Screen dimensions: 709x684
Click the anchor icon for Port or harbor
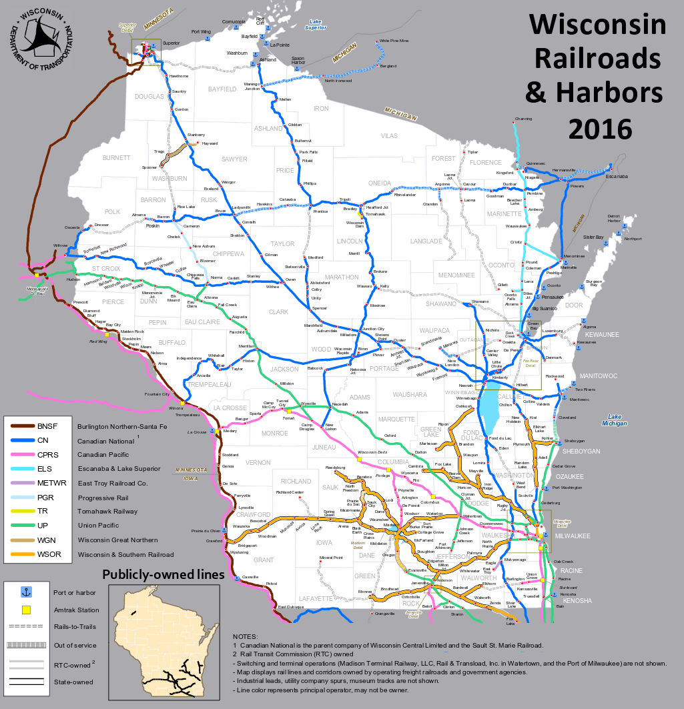click(27, 592)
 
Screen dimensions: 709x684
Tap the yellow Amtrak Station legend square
click(27, 610)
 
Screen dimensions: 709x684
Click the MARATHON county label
click(341, 277)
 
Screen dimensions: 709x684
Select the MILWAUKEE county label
click(572, 536)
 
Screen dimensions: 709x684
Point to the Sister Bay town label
click(594, 237)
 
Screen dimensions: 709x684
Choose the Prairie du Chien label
click(206, 531)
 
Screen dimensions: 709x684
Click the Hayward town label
click(210, 143)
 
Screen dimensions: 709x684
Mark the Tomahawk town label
click(376, 214)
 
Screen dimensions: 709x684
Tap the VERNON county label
click(258, 462)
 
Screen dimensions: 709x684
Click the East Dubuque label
click(291, 607)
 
